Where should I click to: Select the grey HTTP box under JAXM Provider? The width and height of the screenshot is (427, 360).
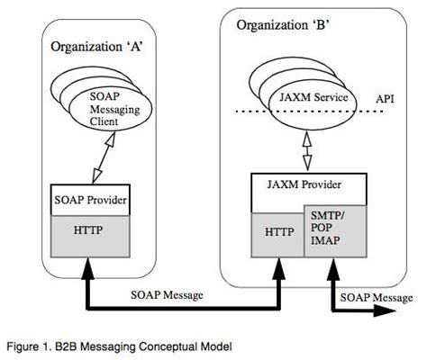[x=277, y=231]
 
